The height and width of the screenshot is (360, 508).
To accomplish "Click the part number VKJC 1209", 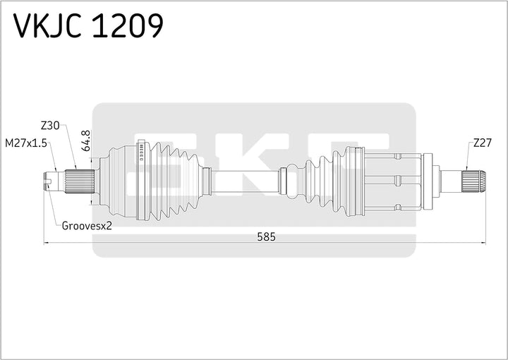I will click(x=89, y=26).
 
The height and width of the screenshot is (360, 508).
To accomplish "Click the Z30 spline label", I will click(x=50, y=126).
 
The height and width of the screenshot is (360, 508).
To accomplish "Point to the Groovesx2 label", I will click(x=87, y=226).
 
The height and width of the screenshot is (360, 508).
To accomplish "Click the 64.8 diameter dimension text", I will click(x=86, y=140).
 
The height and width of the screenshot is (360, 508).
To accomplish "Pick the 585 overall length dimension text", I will click(x=265, y=237).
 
